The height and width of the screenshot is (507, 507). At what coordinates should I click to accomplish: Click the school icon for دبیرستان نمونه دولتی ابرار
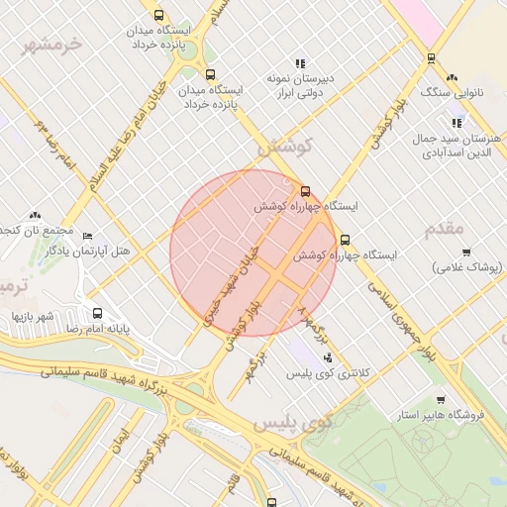[x=300, y=63]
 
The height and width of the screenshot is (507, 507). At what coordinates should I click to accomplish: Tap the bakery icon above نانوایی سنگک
[x=453, y=76]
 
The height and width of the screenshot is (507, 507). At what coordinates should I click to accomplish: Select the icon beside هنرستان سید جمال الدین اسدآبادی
[x=456, y=123]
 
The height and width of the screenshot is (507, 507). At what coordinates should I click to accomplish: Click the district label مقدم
[x=444, y=229]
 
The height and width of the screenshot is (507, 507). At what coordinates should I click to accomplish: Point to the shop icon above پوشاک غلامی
[x=466, y=253]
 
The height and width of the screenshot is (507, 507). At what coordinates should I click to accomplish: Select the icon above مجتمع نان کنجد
[x=36, y=214]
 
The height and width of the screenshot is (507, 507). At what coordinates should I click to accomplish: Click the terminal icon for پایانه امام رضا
[x=96, y=311]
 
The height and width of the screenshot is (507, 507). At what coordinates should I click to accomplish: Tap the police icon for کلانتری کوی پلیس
[x=328, y=357]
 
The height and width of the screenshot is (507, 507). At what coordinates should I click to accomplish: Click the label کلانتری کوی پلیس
[x=327, y=374]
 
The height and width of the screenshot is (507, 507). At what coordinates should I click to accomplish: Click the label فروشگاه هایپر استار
[x=437, y=415]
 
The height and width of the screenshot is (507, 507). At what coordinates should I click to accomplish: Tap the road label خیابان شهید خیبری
[x=230, y=283]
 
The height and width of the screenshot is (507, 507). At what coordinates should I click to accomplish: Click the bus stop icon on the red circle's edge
[x=305, y=191]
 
